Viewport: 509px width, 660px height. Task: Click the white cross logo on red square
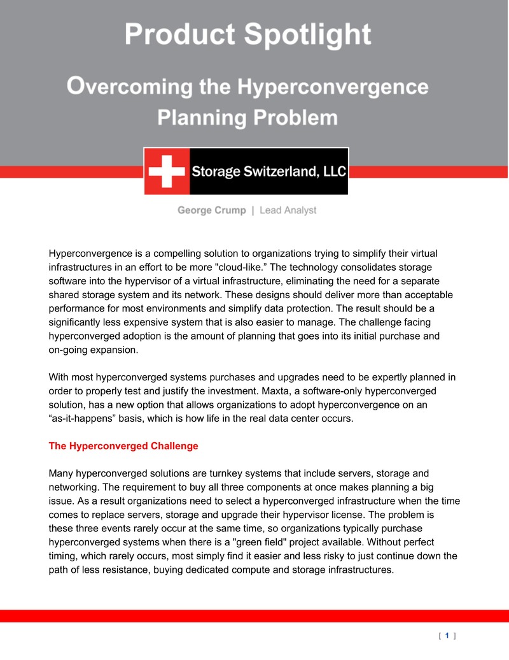pyautogui.click(x=167, y=171)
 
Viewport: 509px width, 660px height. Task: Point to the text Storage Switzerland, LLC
pyautogui.click(x=269, y=171)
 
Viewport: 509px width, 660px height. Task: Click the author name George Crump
pyautogui.click(x=211, y=210)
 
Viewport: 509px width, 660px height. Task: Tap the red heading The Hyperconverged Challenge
pyautogui.click(x=123, y=446)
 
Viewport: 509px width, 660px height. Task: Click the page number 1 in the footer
pyautogui.click(x=447, y=635)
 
